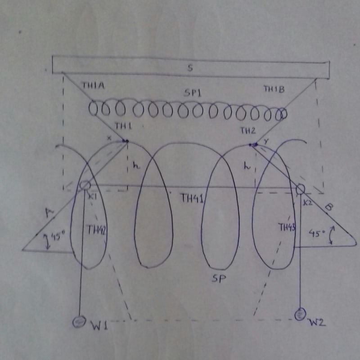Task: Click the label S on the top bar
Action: [191, 68]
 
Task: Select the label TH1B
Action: [274, 89]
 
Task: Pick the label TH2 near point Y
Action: [247, 131]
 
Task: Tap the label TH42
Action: [96, 230]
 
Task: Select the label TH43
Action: [287, 227]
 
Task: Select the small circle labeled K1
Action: [84, 186]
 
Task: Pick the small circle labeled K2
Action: [300, 189]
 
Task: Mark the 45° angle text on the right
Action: [318, 233]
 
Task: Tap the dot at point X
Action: [126, 141]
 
